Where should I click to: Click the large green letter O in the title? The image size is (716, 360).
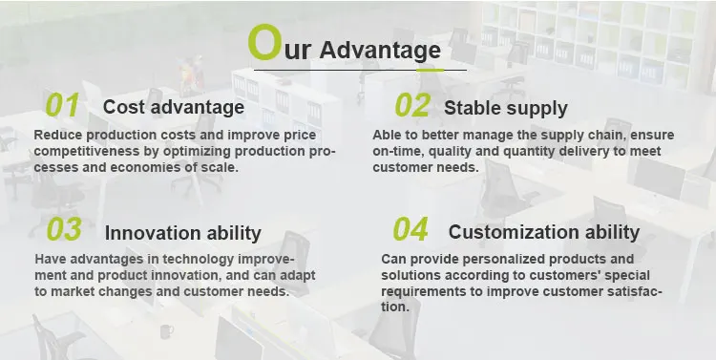pos(263,42)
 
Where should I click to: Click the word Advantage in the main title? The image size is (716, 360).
pos(380,51)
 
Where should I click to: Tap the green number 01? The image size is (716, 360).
pos(63,105)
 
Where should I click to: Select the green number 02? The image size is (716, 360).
pos(412,105)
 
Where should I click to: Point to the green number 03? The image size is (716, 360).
pos(64,229)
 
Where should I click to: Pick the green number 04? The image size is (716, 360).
pos(411,229)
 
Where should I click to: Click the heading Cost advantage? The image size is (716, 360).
pos(174,107)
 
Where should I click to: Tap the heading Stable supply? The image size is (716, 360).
pos(506,109)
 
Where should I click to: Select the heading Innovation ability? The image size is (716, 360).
pos(183,233)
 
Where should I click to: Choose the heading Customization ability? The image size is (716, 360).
pos(544,232)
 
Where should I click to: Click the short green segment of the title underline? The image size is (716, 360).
pos(430,71)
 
